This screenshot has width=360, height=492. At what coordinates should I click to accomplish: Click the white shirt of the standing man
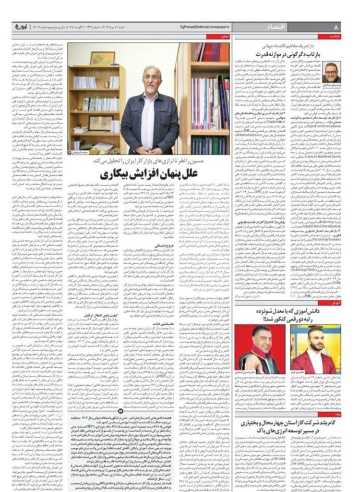pyautogui.click(x=150, y=113)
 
